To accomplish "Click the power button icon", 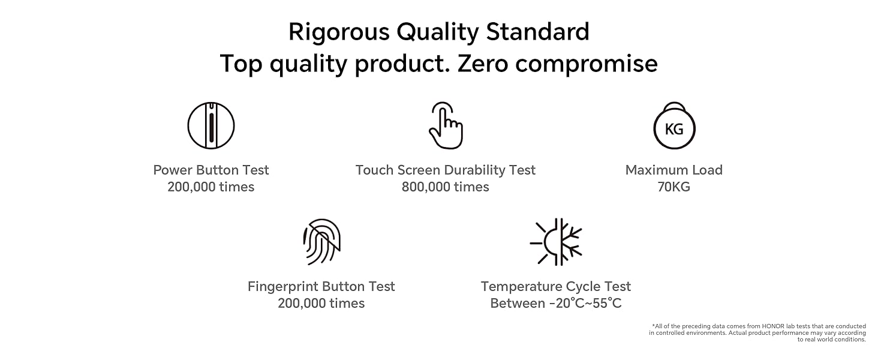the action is (x=211, y=125).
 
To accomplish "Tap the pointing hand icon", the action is (x=446, y=125).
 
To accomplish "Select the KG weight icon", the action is (x=674, y=125).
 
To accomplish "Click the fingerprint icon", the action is (x=321, y=242).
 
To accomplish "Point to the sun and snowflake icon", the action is (x=556, y=242).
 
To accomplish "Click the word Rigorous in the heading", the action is (x=339, y=32).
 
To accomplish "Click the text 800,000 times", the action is (x=445, y=187).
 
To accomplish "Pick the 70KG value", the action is (x=673, y=187).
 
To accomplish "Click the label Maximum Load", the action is (x=673, y=170).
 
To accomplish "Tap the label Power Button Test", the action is (x=211, y=170).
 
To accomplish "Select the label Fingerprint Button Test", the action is (x=321, y=287).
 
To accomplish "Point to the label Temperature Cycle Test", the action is (x=556, y=287).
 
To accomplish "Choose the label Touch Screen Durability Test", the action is (x=445, y=170).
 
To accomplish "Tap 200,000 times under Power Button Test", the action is (x=211, y=187).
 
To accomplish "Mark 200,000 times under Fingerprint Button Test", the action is (x=321, y=303).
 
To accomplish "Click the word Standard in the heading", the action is (x=538, y=32).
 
